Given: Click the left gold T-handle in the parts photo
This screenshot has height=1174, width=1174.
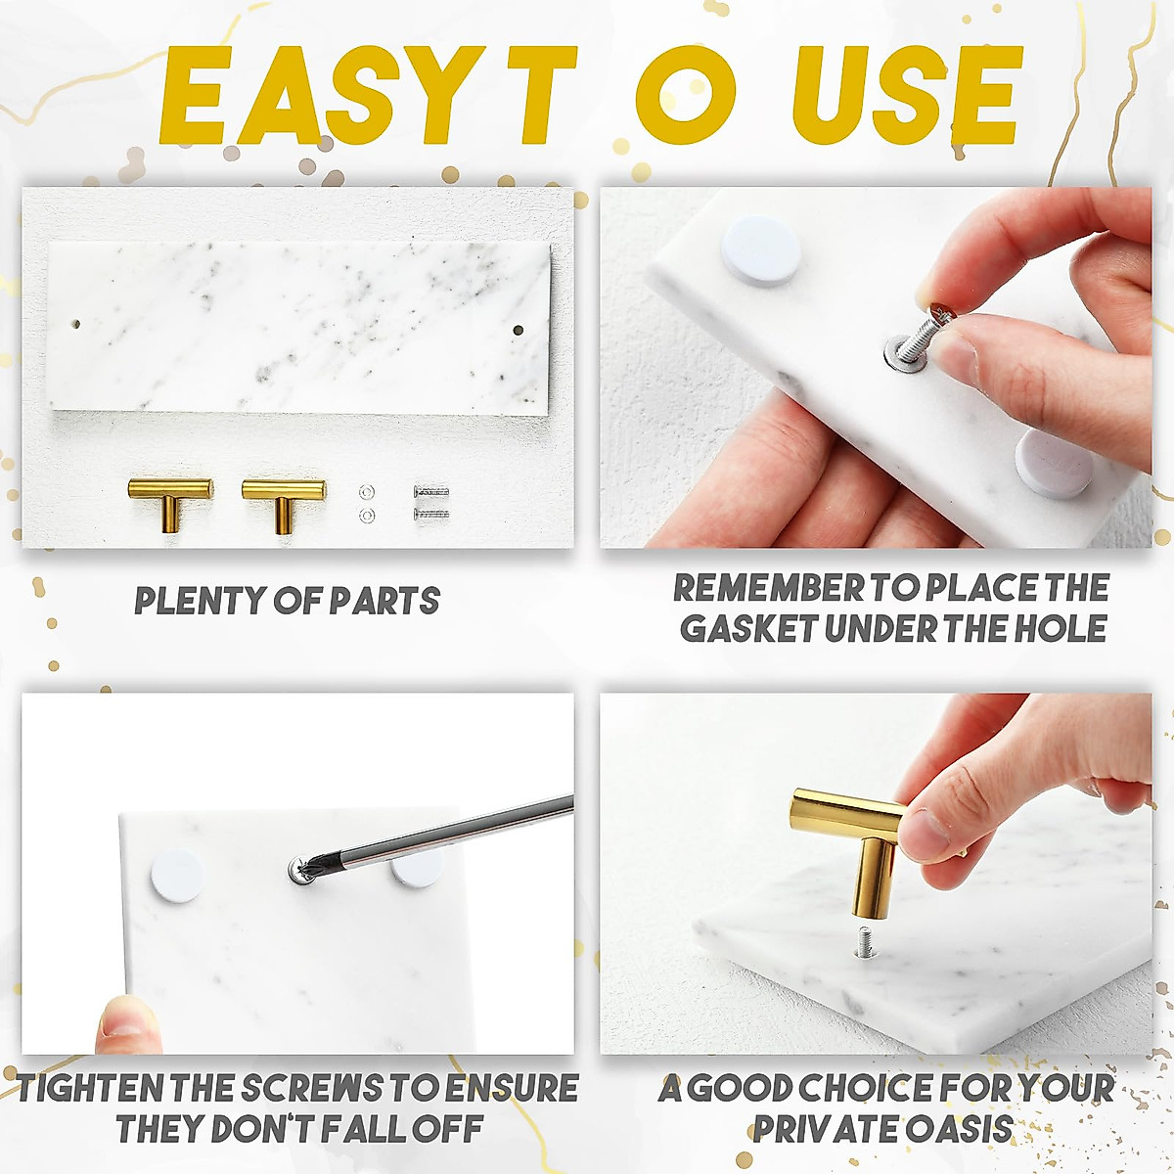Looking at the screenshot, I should [169, 498].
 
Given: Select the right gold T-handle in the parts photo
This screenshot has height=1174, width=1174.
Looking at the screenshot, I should [284, 498].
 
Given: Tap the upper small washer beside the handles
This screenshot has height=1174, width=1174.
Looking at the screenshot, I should [367, 490].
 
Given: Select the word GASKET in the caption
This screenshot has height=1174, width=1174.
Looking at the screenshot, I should [748, 628].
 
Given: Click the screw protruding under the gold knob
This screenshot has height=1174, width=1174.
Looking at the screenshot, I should [866, 941].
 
